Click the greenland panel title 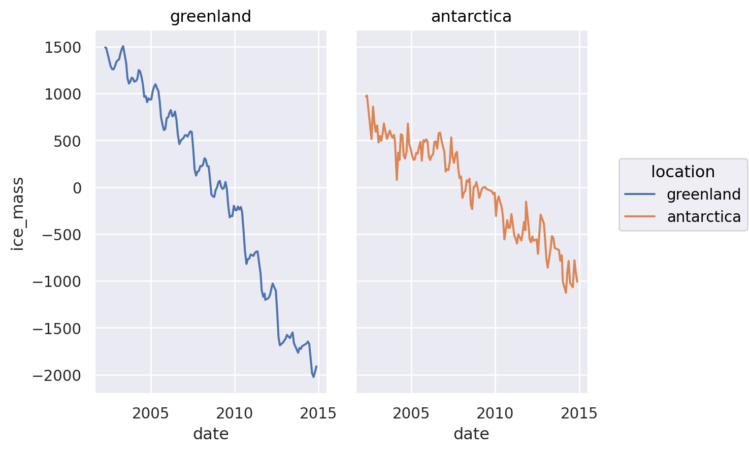210,17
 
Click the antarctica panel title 471,17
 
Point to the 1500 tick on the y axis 62,48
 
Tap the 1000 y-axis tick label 62,94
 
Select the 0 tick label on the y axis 77,188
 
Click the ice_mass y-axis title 18,213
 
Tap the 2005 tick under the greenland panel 150,413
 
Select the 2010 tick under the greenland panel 234,413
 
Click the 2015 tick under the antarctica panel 579,413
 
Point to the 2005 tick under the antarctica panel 411,413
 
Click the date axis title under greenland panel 211,434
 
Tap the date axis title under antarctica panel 471,434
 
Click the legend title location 683,172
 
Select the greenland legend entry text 704,195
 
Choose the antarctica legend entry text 704,217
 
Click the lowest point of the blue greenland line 313,377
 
